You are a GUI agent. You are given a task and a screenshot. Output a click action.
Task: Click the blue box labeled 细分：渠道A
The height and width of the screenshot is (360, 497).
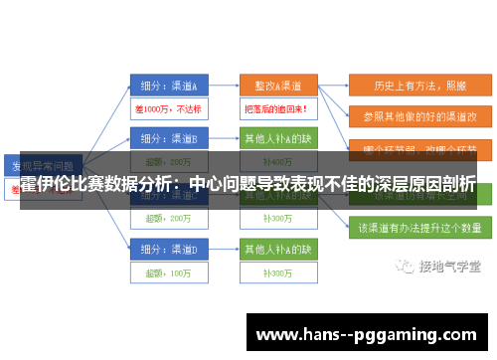(x=168, y=87)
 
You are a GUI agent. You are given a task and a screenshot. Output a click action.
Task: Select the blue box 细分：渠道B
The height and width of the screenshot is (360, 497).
(x=168, y=139)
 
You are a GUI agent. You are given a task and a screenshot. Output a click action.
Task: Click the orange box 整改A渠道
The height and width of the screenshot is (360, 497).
(x=277, y=87)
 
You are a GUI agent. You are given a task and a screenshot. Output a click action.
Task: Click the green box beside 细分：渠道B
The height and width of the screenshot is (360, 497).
(x=277, y=139)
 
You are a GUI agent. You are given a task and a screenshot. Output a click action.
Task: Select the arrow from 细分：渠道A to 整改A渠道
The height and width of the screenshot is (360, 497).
(x=224, y=87)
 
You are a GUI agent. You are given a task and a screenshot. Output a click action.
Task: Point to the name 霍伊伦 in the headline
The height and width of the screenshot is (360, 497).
(x=46, y=185)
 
